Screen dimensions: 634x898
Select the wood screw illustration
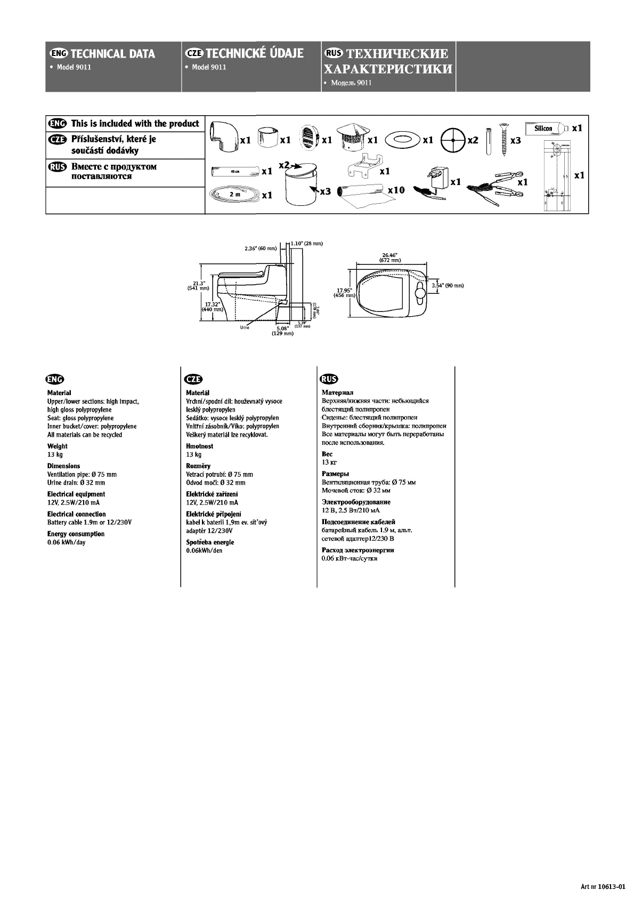[x=503, y=139]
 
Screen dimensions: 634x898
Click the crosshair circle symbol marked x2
[x=453, y=139]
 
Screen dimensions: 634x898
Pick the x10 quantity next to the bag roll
[x=396, y=190]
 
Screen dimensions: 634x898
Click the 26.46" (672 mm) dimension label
[x=391, y=258]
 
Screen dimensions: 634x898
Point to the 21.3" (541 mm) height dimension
[x=198, y=285]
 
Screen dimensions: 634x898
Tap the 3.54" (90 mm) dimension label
[x=448, y=285]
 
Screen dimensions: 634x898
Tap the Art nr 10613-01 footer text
[x=602, y=886]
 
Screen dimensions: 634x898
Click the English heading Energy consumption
[x=76, y=534]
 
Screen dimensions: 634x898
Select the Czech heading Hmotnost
[x=199, y=446]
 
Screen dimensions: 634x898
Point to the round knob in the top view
[x=420, y=293]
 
